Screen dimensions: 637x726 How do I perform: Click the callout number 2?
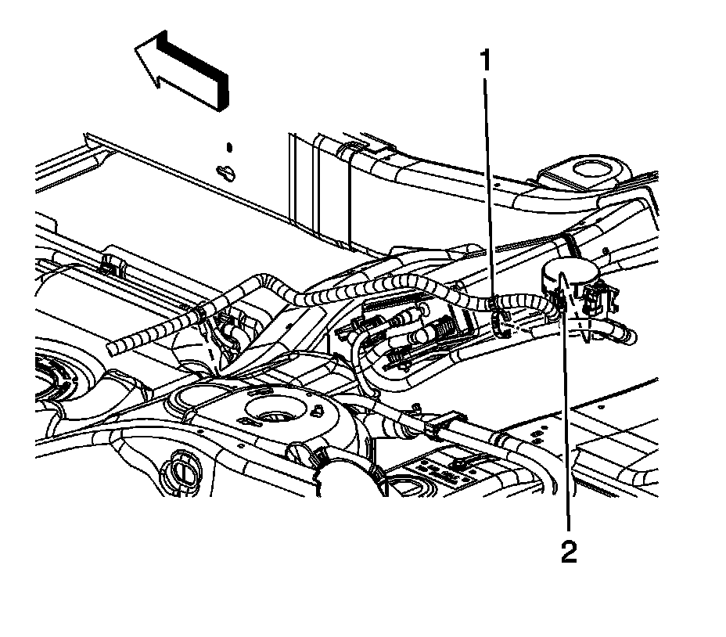569,552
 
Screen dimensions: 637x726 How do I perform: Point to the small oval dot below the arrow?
229,146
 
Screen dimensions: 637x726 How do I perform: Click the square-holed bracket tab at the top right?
585,168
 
